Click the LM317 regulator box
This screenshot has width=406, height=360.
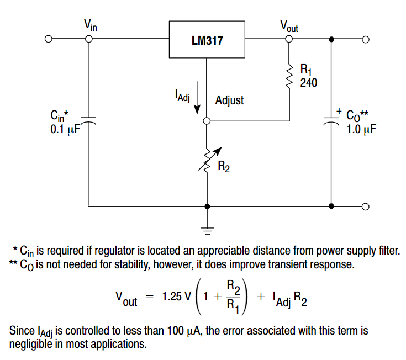pos(207,40)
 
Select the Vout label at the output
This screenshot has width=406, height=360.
pos(289,25)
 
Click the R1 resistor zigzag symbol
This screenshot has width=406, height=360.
pos(288,77)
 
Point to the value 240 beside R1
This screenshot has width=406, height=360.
pos(309,82)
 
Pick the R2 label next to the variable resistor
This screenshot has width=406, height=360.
pos(224,167)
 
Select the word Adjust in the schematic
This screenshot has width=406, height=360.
pos(229,101)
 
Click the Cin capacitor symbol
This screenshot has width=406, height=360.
pos(88,120)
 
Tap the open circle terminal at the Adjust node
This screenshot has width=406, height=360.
pos(207,121)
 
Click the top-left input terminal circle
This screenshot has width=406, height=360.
pos(49,40)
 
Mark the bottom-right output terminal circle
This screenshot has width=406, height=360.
pos(365,207)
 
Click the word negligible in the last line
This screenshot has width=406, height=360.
pos(30,343)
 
